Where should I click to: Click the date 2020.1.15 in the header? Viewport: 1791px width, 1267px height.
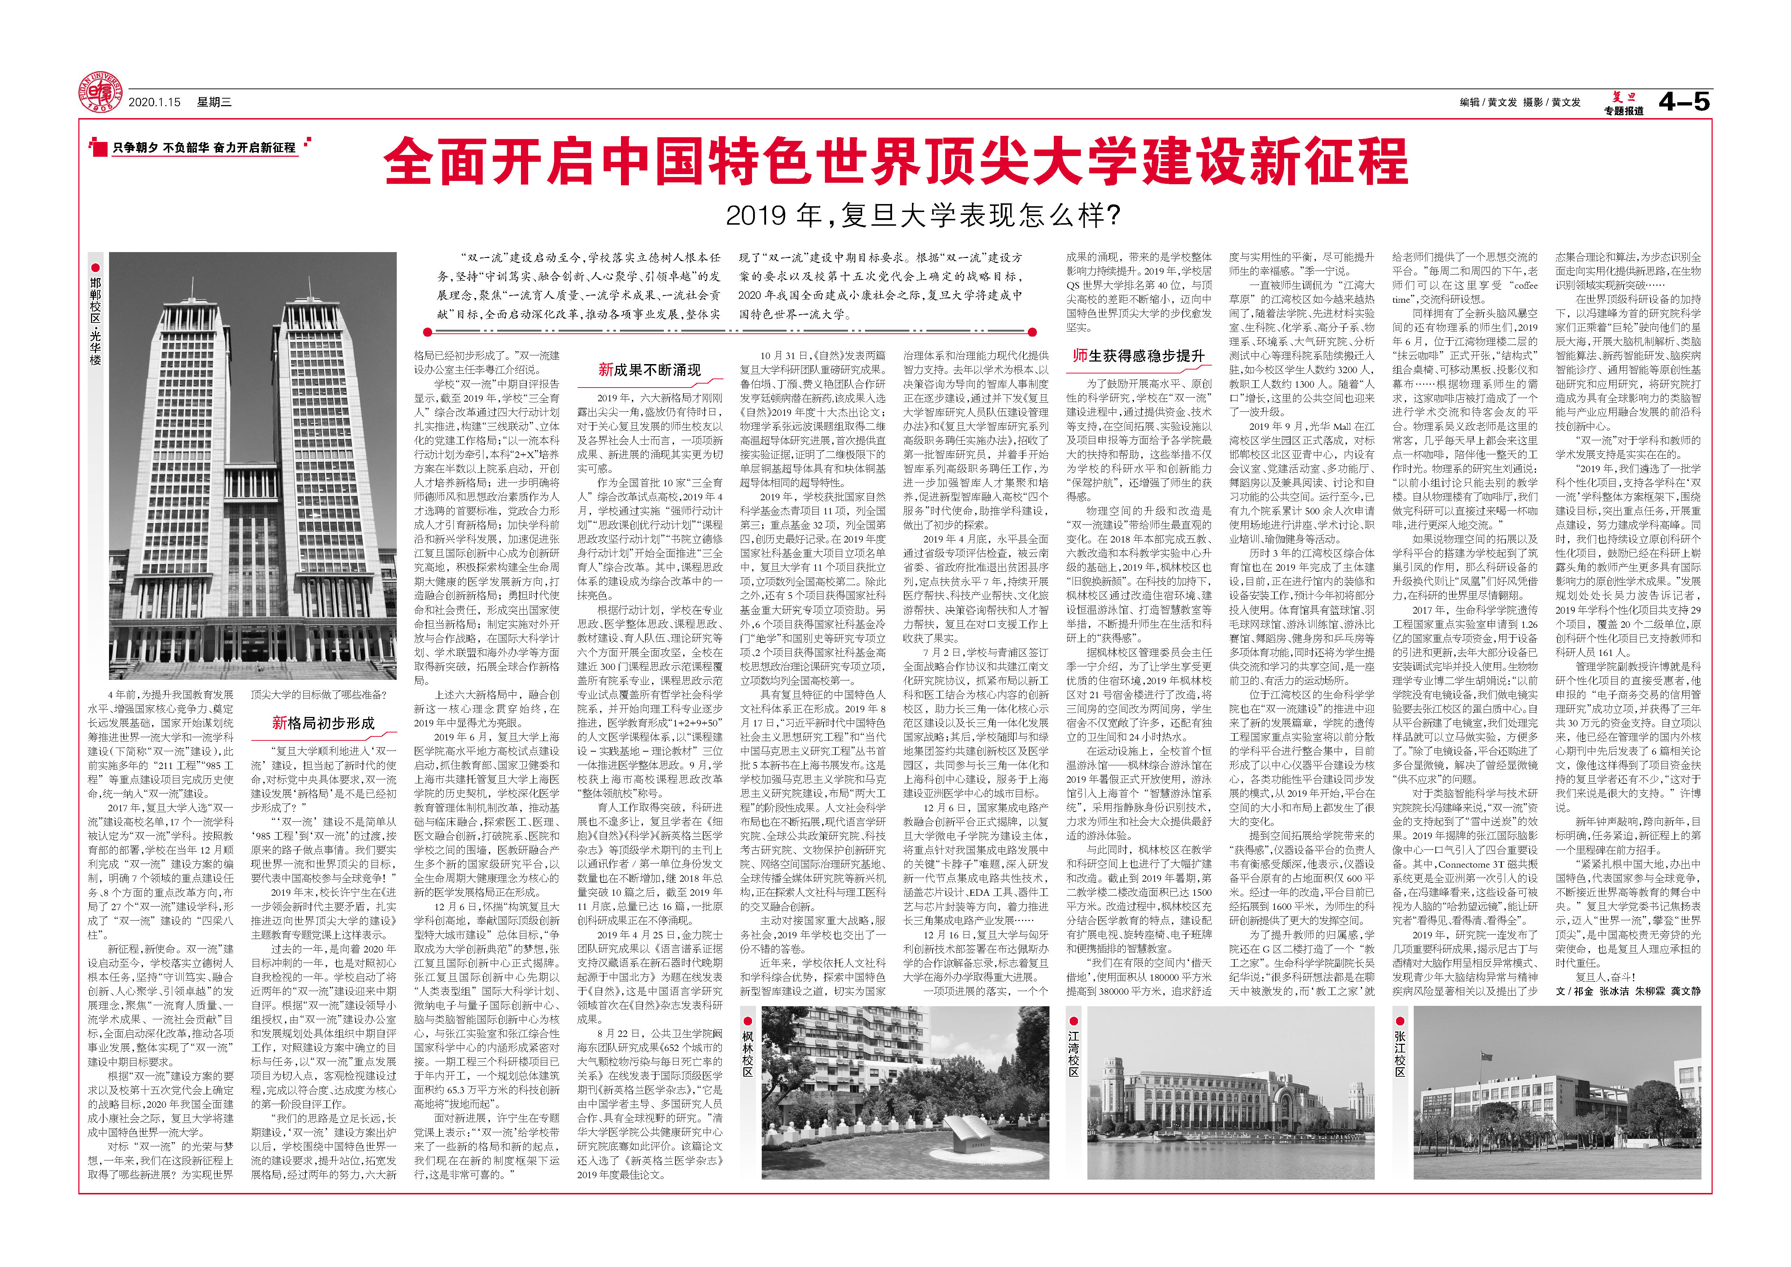(x=155, y=102)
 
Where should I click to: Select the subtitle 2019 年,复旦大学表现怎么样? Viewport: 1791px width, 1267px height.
(x=923, y=215)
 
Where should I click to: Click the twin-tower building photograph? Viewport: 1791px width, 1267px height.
(x=253, y=465)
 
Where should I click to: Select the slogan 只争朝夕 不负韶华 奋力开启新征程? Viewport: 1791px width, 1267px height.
(x=204, y=147)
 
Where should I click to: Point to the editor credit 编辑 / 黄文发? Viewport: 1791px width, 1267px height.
(x=1488, y=102)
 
